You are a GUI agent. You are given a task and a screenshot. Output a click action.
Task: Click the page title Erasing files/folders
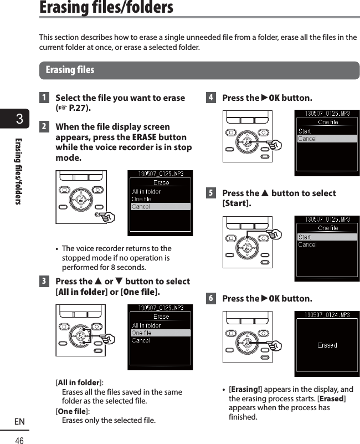tap(106, 8)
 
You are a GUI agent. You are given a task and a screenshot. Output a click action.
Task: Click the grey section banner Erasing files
tap(70, 70)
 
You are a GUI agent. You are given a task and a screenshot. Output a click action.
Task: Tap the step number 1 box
tap(43, 98)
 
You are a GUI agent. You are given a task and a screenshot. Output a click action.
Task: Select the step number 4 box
tap(210, 98)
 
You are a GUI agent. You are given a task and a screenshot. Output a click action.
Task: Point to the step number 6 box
tap(210, 299)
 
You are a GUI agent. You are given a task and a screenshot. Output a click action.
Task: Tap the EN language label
tap(19, 422)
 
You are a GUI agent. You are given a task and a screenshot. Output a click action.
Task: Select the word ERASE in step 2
tap(145, 137)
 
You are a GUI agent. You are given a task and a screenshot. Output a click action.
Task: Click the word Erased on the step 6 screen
tap(327, 345)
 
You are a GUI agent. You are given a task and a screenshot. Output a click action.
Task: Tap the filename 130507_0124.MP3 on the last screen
tap(327, 315)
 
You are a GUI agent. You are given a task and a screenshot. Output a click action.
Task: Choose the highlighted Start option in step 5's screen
tap(327, 237)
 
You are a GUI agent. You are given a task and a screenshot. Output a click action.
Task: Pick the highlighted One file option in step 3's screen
tap(160, 333)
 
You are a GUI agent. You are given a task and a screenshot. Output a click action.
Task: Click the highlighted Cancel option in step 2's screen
tap(160, 207)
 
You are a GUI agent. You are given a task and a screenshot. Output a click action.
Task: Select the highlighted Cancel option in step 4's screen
tap(327, 139)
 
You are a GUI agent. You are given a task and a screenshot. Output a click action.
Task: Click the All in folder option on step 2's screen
tap(146, 192)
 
